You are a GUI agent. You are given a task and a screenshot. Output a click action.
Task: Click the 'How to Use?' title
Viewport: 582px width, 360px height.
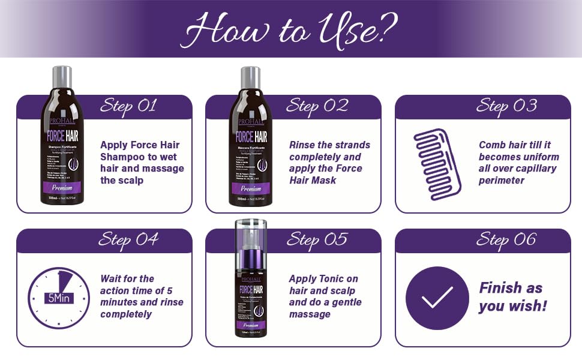(x=290, y=28)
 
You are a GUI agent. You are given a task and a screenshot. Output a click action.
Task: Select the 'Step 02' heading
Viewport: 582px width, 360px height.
(x=317, y=106)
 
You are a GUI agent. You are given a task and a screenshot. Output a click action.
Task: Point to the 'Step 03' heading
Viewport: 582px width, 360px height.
(x=506, y=106)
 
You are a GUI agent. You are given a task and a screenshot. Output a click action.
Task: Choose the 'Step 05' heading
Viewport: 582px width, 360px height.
(x=317, y=240)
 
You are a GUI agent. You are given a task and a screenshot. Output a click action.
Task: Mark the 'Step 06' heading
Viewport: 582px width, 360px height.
(x=506, y=240)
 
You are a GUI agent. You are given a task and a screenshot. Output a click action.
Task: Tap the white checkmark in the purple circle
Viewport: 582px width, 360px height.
(x=437, y=298)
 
